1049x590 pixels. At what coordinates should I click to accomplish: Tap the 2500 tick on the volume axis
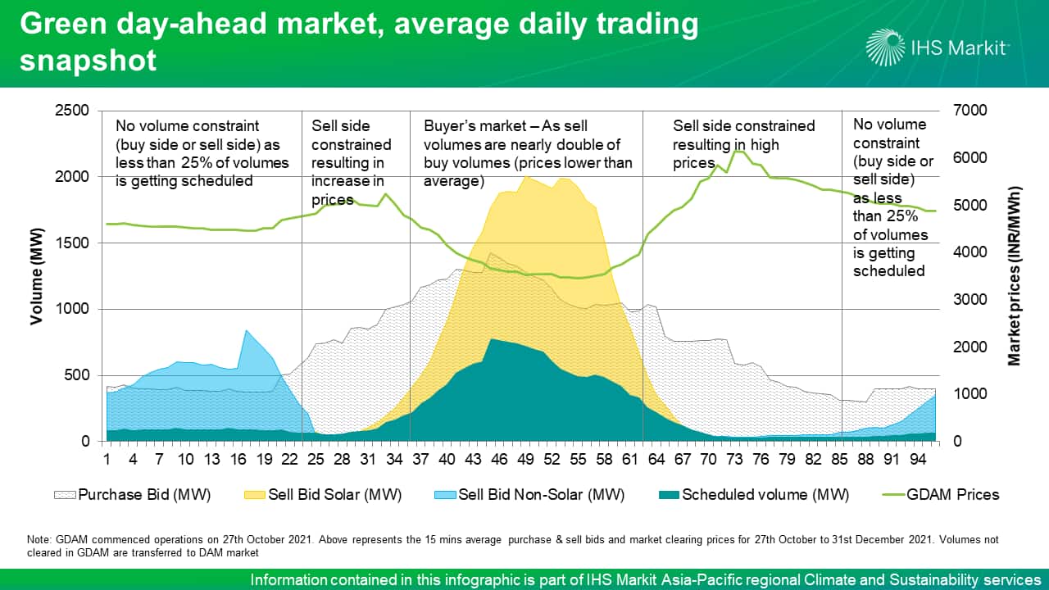[75, 111]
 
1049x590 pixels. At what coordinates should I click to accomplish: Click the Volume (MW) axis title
[37, 276]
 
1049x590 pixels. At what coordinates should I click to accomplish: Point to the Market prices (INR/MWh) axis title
[1014, 276]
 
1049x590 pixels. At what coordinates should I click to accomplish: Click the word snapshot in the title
[88, 60]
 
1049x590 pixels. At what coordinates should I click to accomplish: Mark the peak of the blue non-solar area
[246, 329]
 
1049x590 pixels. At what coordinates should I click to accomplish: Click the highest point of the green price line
[738, 152]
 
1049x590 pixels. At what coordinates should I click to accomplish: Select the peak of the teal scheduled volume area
[491, 338]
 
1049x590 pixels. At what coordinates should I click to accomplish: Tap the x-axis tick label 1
[107, 457]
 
